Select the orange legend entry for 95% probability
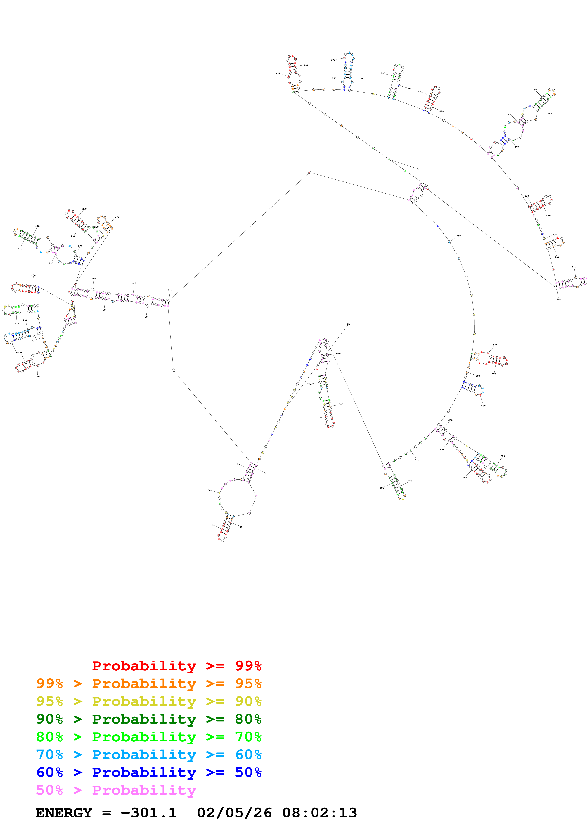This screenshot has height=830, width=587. [149, 683]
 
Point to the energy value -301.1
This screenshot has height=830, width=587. [149, 813]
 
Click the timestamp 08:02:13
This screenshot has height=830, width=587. [319, 813]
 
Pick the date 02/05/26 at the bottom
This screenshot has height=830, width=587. [234, 813]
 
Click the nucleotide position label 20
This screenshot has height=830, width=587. [348, 324]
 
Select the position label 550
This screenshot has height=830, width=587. [459, 236]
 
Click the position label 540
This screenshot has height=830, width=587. [558, 299]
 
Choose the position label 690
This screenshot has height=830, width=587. [338, 353]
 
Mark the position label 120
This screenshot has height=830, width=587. [37, 377]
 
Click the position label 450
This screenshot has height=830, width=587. [534, 90]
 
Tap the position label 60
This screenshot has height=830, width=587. [209, 490]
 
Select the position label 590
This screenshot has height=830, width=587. [483, 406]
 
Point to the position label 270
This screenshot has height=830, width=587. [84, 209]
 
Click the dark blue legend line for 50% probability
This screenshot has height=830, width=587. [149, 772]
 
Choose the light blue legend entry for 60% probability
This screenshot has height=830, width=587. [149, 755]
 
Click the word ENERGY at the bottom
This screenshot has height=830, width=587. [64, 813]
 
